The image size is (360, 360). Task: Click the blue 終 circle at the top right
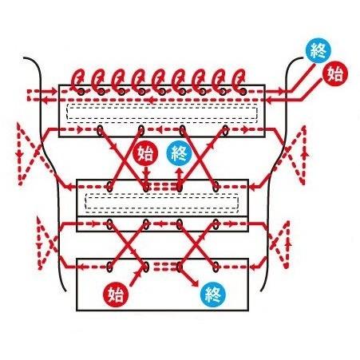pos(318,51)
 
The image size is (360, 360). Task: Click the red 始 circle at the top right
pos(335,73)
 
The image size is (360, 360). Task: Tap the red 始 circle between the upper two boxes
pos(145,154)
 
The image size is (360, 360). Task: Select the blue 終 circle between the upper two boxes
pos(179,154)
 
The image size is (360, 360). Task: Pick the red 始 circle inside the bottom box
pos(116,295)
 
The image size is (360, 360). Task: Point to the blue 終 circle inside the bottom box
pos(213,295)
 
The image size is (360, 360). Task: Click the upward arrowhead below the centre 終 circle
pos(180,171)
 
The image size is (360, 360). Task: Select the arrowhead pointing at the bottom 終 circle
pos(195,283)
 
